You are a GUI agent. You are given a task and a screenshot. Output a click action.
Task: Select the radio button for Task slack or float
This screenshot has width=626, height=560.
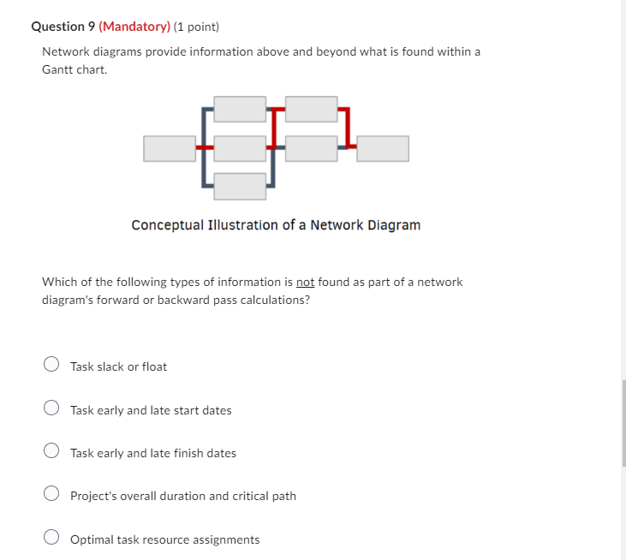point(51,364)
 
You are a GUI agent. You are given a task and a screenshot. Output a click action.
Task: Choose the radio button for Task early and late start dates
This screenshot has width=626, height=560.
point(51,408)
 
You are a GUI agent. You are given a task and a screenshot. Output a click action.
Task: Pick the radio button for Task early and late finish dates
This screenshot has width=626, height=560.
point(51,450)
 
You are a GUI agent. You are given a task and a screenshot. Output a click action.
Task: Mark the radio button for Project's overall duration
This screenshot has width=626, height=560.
point(51,493)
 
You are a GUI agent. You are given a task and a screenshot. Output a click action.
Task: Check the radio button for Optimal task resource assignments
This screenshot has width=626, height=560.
point(51,537)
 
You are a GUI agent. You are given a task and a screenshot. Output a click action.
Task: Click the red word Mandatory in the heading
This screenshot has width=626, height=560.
point(134,27)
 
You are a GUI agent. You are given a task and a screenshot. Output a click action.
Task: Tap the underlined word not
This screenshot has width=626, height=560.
point(306,283)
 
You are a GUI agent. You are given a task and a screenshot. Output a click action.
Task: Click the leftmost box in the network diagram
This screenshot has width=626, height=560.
point(170,149)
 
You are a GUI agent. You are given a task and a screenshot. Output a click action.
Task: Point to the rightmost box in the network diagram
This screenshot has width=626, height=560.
point(383,149)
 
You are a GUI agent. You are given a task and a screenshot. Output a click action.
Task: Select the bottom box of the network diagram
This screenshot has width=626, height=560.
point(240,187)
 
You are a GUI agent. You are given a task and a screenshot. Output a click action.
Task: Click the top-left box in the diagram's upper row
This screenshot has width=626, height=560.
point(240,109)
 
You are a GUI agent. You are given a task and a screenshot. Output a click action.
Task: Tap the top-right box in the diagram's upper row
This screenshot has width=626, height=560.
point(312,109)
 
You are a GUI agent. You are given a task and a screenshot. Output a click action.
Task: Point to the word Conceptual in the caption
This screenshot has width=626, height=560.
point(168,225)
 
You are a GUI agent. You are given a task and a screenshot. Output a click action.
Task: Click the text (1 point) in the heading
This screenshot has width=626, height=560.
point(196,27)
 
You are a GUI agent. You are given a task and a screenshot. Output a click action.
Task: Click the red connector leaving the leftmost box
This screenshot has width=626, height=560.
point(205,147)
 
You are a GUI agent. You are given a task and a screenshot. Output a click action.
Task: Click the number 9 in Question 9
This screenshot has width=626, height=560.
point(92,27)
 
